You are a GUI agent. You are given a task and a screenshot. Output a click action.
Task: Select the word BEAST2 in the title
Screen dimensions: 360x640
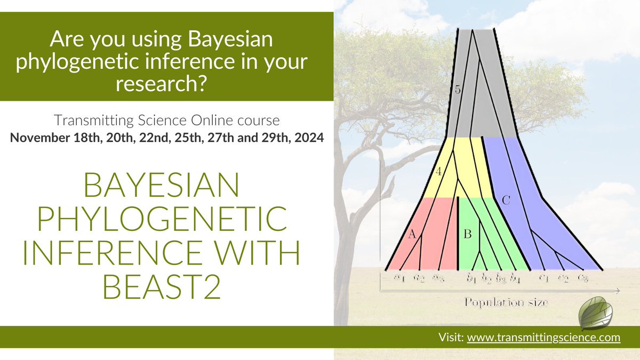point(162,289)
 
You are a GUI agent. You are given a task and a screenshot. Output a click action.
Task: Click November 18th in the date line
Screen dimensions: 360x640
point(49,138)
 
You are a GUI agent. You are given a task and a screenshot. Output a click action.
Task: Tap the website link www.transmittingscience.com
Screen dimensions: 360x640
point(543,337)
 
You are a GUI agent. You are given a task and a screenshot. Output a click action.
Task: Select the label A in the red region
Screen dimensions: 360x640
point(411,233)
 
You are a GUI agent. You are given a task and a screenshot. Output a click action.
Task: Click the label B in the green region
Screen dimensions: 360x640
point(468,233)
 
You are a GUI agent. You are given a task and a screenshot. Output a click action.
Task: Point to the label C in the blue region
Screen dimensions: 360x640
point(506,201)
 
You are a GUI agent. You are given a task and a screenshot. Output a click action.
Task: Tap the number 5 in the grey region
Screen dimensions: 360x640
point(458,90)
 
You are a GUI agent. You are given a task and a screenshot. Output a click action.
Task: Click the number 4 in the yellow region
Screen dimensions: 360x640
point(438,172)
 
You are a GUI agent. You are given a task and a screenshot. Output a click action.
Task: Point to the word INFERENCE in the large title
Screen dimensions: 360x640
point(99,254)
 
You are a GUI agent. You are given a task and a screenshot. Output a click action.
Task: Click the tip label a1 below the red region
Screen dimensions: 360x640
point(398,277)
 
